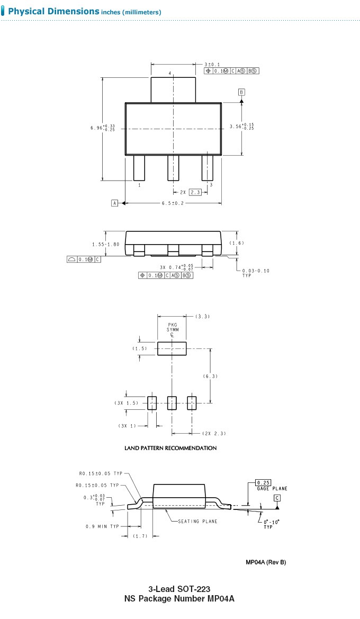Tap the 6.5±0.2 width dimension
pos(173,203)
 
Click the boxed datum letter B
pos(241,92)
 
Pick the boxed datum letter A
pos(115,203)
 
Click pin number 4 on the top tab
pos(170,74)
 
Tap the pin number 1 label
pos(139,185)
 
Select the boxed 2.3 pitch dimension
pos(195,192)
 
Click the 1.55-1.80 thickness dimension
pos(105,244)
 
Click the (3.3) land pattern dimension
pos(202,316)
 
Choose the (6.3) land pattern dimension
pos(211,376)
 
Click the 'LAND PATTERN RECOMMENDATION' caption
pos(170,448)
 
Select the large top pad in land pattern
pos(172,349)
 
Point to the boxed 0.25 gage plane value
pos(263,483)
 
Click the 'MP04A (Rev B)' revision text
pos(265,562)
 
